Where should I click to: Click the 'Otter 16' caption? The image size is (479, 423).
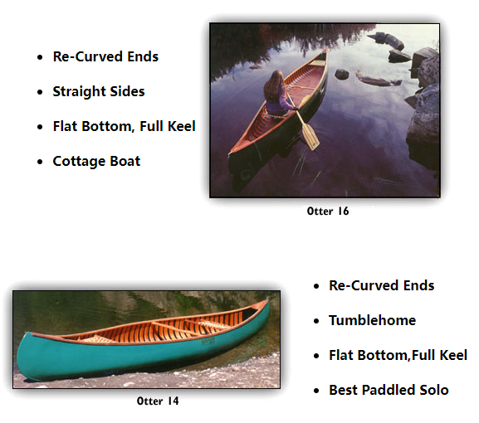click(x=328, y=211)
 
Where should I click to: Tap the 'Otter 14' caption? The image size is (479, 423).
click(x=158, y=401)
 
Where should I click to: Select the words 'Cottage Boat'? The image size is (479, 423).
click(x=96, y=161)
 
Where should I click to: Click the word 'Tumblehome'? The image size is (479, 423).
click(x=373, y=320)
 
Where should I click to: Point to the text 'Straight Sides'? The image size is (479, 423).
click(x=99, y=91)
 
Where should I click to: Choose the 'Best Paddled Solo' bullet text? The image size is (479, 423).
click(x=389, y=390)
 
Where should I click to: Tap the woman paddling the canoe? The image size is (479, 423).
click(x=276, y=94)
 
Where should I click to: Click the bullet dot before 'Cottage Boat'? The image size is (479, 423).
click(x=40, y=162)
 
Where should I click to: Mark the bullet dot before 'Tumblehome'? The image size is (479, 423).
click(x=316, y=321)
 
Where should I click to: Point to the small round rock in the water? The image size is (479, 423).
click(x=341, y=74)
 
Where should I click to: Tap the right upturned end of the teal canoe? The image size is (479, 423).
click(x=267, y=302)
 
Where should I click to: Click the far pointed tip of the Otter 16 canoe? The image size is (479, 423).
click(x=326, y=49)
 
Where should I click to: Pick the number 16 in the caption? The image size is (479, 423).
click(x=344, y=211)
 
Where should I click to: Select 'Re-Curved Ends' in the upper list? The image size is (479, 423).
click(x=105, y=56)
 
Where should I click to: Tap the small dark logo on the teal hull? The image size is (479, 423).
click(x=208, y=341)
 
